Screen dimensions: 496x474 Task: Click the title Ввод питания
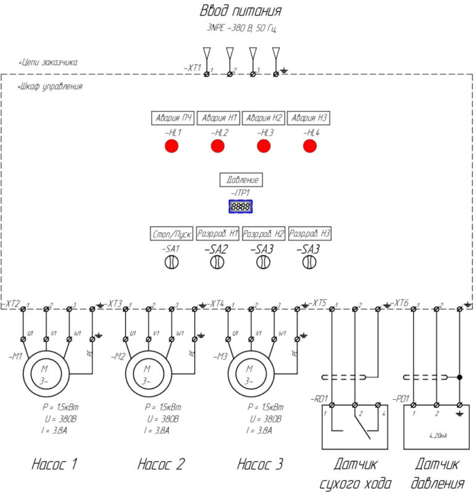pyautogui.click(x=241, y=11)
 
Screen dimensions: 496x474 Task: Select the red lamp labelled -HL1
pyautogui.click(x=171, y=146)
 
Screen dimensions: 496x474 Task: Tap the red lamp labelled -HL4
pyautogui.click(x=310, y=146)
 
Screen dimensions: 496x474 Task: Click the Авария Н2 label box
pyautogui.click(x=264, y=118)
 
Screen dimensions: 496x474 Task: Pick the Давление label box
pyautogui.click(x=241, y=180)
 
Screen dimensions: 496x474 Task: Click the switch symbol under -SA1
pyautogui.click(x=171, y=262)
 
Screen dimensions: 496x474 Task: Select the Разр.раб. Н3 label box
pyautogui.click(x=310, y=234)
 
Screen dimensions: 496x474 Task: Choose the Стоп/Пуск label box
pyautogui.click(x=172, y=234)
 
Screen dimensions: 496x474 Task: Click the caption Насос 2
pyautogui.click(x=160, y=464)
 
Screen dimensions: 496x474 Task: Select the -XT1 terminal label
pyautogui.click(x=193, y=67)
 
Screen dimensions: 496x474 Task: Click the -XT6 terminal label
pyautogui.click(x=401, y=303)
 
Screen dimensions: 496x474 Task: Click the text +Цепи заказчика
pyautogui.click(x=48, y=63)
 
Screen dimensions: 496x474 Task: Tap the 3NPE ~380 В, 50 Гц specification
pyautogui.click(x=241, y=28)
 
